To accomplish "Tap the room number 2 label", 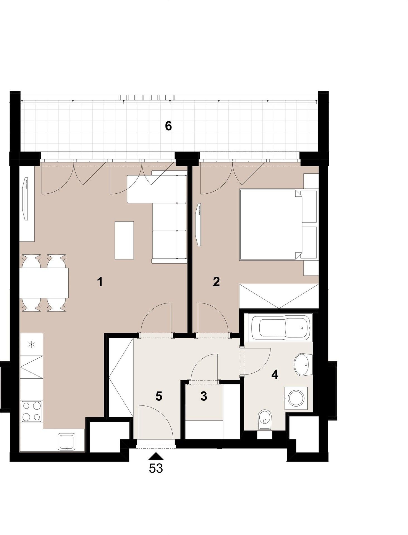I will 216,282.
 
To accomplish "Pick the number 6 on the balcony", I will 168,126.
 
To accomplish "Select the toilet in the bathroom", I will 264,419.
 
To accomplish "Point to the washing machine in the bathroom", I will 296,398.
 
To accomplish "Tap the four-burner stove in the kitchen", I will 32,411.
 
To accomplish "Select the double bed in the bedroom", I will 271,225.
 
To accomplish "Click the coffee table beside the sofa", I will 124,240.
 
